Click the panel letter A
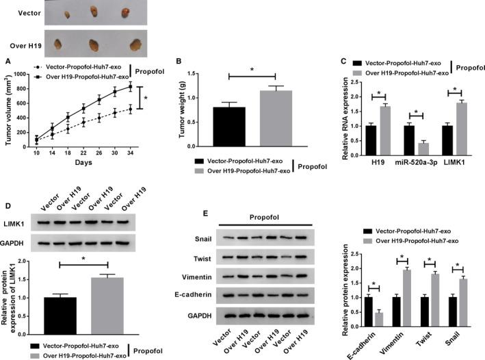8,60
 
